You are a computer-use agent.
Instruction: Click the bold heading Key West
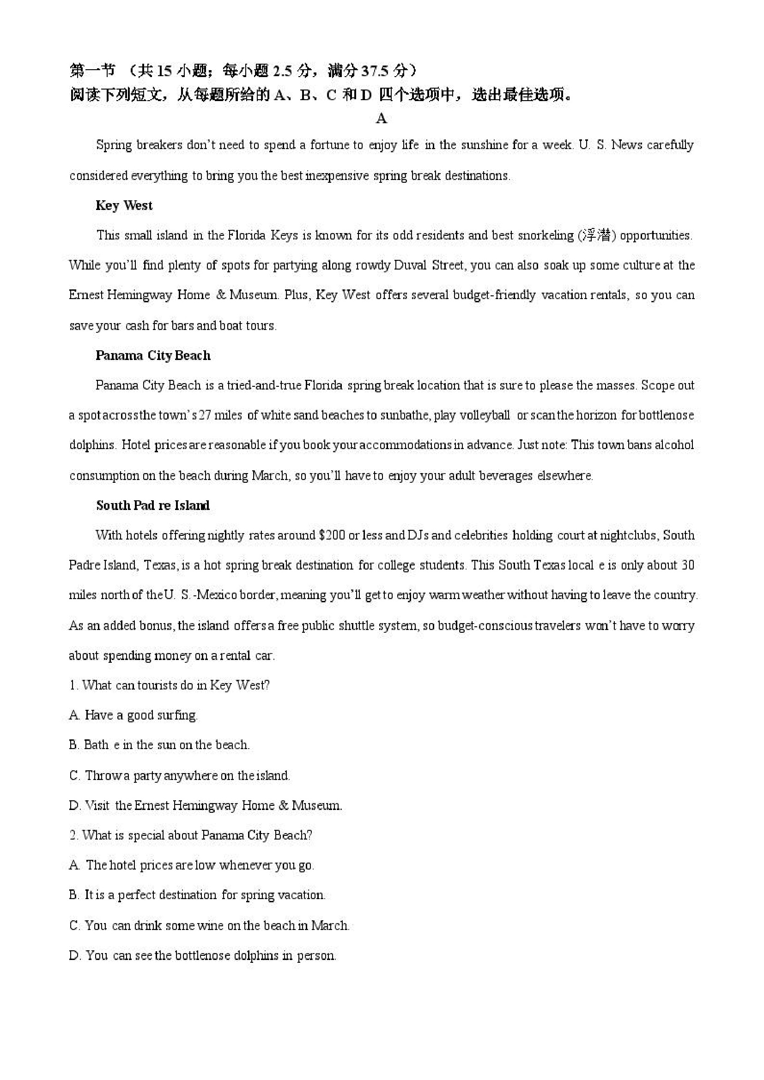click(x=124, y=205)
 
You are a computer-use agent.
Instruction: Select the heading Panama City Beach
click(x=152, y=355)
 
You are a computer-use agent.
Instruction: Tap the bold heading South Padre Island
click(x=152, y=505)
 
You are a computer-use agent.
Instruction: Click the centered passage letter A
click(x=381, y=119)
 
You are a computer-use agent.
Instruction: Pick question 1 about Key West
click(x=170, y=685)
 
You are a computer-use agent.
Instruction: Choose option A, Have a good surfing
click(x=133, y=715)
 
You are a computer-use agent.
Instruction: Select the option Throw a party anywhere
click(x=179, y=776)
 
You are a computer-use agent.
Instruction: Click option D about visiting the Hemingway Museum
click(x=205, y=806)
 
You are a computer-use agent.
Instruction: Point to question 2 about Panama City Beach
click(x=191, y=835)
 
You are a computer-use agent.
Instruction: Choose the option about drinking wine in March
click(x=209, y=926)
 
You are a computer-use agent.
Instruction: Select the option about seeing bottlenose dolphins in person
click(x=202, y=956)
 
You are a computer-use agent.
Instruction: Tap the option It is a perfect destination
click(x=197, y=895)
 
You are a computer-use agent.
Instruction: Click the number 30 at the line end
click(x=687, y=565)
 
